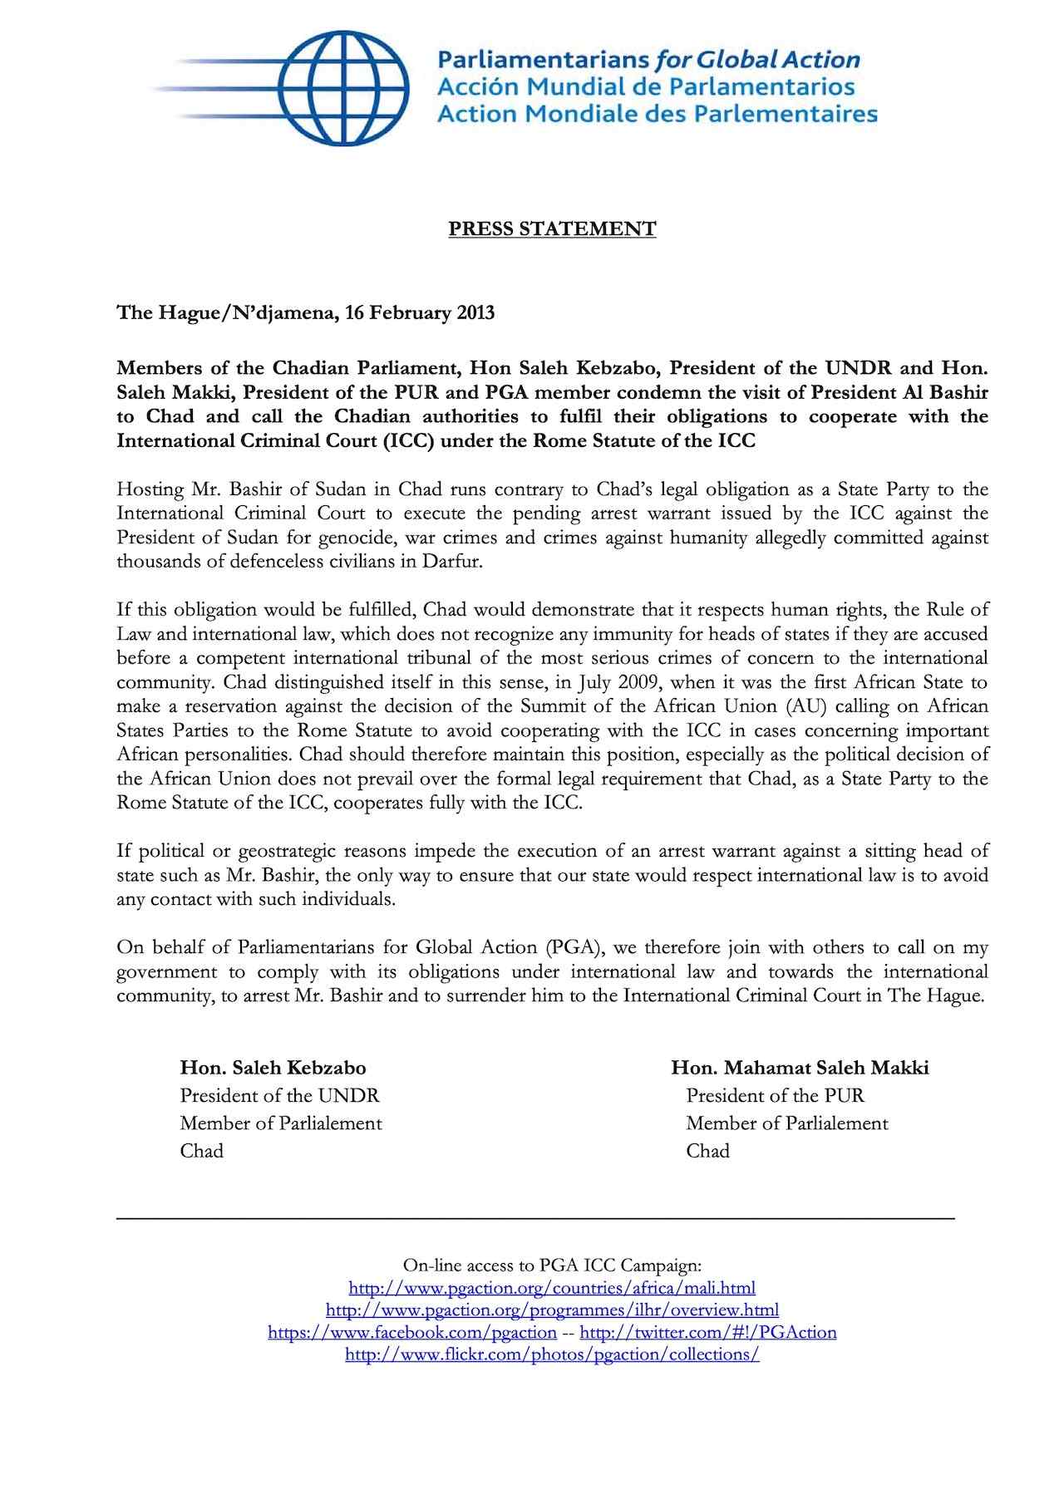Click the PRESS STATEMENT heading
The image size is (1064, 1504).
552,229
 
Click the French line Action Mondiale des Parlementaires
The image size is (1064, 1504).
657,114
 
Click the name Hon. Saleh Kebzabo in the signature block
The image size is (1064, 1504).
273,1068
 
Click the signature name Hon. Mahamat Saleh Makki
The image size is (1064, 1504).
800,1068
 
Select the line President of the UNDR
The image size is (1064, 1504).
279,1096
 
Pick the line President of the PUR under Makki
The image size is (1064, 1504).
775,1096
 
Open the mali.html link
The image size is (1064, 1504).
552,1289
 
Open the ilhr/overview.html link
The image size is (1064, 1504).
552,1310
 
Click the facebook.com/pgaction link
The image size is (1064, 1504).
411,1333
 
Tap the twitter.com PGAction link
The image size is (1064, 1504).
707,1333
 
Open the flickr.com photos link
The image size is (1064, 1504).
552,1354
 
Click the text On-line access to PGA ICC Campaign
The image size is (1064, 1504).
552,1266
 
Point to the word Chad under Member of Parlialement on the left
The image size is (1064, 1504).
202,1152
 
